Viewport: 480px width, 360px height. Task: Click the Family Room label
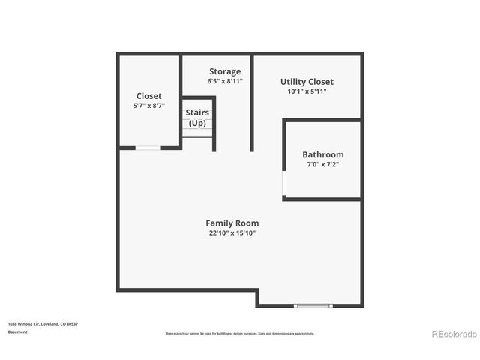pyautogui.click(x=232, y=223)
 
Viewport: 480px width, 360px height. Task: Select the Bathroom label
pyautogui.click(x=322, y=154)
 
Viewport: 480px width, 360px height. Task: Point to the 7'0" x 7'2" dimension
pyautogui.click(x=322, y=164)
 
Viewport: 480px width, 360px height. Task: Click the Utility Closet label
pyautogui.click(x=307, y=82)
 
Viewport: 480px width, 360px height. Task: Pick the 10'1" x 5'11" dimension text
pyautogui.click(x=307, y=91)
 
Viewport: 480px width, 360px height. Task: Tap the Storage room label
pyautogui.click(x=225, y=71)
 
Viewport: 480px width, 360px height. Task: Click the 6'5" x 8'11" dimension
pyautogui.click(x=225, y=81)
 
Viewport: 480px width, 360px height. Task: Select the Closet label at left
pyautogui.click(x=148, y=95)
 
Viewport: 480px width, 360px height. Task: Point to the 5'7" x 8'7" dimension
pyautogui.click(x=148, y=106)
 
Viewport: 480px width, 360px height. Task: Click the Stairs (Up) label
pyautogui.click(x=196, y=118)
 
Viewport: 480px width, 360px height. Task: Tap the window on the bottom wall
pyautogui.click(x=313, y=305)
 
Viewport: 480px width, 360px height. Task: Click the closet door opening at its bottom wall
pyautogui.click(x=148, y=148)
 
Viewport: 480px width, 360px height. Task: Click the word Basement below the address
pyautogui.click(x=17, y=331)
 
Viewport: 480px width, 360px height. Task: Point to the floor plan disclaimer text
pyautogui.click(x=240, y=333)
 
